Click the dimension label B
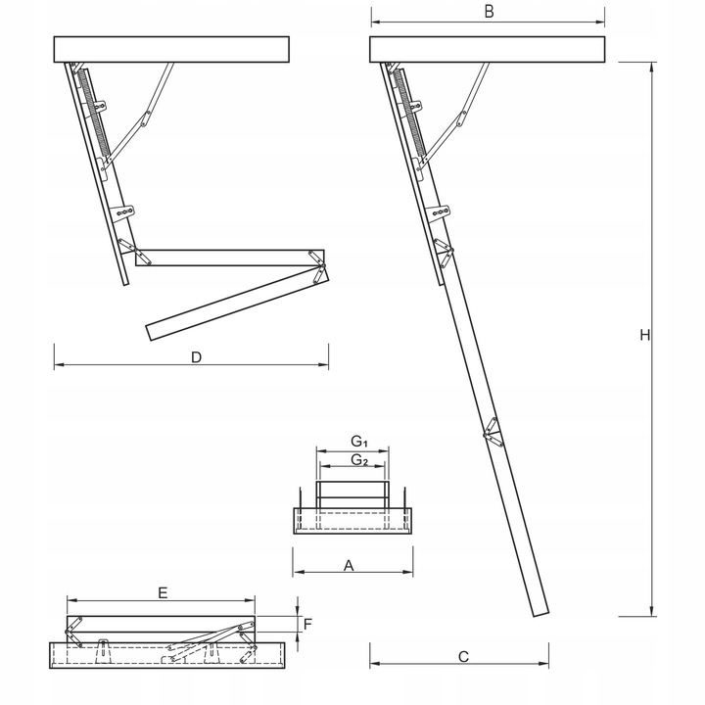[x=489, y=12]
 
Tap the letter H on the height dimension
[x=644, y=336]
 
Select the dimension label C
[x=463, y=658]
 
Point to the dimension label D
[x=196, y=358]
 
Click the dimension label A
[x=348, y=565]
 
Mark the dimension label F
[x=308, y=622]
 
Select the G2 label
[x=358, y=460]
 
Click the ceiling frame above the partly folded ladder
[x=172, y=49]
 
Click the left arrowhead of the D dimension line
[x=57, y=365]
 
